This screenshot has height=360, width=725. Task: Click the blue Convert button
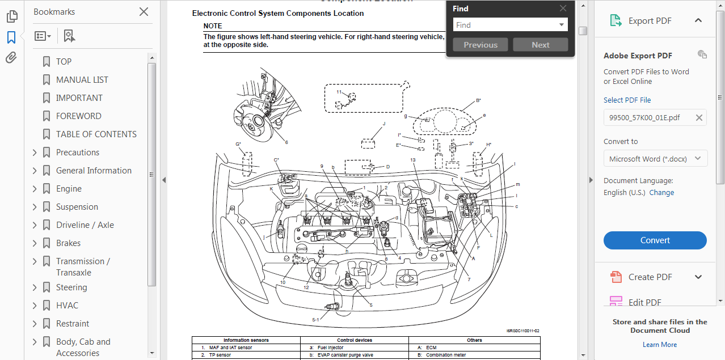coord(655,240)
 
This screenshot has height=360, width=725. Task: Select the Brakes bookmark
coord(68,243)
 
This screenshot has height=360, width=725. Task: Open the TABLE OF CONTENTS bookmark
coord(96,134)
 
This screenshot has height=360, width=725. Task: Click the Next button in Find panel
coord(540,45)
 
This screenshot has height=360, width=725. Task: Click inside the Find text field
coord(505,25)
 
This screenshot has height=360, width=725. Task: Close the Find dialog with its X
coord(563,9)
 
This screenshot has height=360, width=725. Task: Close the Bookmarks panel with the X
coord(144,12)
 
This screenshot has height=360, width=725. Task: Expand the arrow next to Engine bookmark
coord(35,189)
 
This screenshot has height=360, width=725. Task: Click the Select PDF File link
coord(627,100)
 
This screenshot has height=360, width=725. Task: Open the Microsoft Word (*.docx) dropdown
coord(655,159)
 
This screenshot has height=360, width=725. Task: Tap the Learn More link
coord(659,345)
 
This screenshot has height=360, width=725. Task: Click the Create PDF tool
coord(650,277)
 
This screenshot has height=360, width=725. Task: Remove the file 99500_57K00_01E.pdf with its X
coord(699,118)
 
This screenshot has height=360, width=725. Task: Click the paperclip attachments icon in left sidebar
coord(11,58)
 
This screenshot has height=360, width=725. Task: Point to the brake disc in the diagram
coord(260,121)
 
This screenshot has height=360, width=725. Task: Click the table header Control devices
coord(354,340)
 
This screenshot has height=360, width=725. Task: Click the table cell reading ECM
coord(431,348)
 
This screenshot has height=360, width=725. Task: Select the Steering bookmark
coord(71,287)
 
